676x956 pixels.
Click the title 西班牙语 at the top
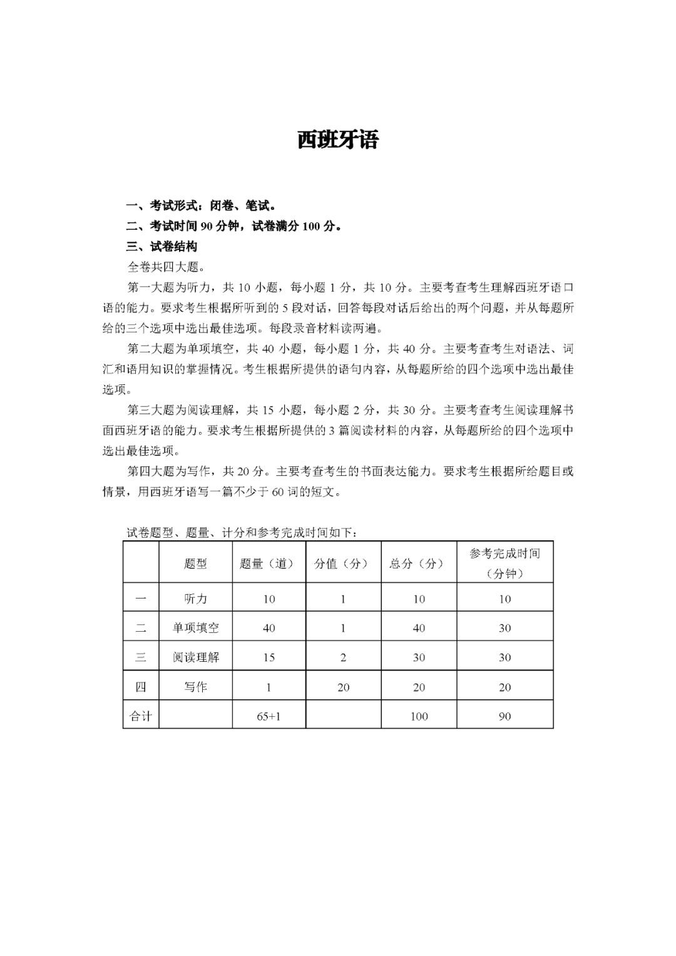tap(337, 140)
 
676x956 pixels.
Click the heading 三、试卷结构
tap(162, 247)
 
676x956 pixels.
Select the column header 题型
tap(195, 563)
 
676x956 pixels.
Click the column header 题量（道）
tap(269, 563)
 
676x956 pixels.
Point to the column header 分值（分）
tap(343, 563)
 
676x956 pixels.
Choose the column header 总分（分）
tap(419, 563)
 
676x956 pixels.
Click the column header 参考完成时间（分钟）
tap(504, 563)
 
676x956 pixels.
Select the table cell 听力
tap(195, 599)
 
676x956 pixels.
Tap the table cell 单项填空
tap(195, 628)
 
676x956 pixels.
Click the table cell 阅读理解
tap(195, 657)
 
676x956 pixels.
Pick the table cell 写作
tap(195, 687)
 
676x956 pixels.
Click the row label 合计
tap(141, 716)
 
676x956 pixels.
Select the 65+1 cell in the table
tap(269, 716)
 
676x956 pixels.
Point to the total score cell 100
tap(419, 716)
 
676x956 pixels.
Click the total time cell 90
tap(504, 716)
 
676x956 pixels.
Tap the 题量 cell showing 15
tap(269, 657)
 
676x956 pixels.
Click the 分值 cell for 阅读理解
tap(343, 657)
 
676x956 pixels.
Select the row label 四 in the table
tap(141, 687)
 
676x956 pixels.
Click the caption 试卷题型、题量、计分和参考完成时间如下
tap(242, 533)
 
